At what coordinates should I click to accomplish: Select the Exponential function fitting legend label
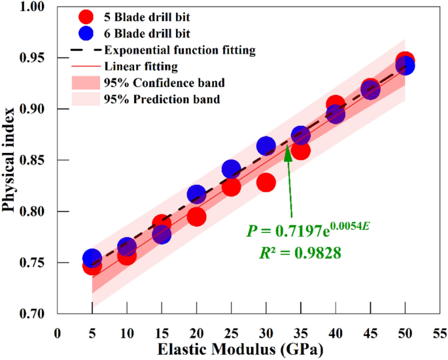(179, 50)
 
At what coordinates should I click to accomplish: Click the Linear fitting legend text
(141, 66)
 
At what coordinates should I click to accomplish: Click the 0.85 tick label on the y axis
(36, 161)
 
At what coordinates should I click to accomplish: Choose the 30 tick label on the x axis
(266, 331)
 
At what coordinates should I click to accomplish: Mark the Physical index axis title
(10, 161)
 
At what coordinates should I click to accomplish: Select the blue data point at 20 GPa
(196, 194)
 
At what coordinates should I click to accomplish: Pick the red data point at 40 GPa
(336, 105)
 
